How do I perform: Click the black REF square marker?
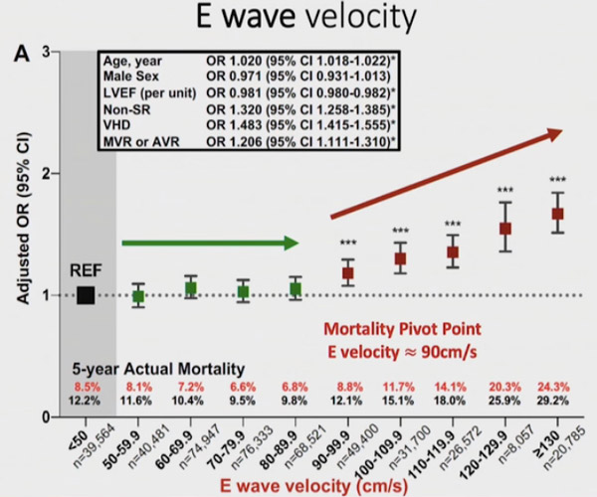point(86,295)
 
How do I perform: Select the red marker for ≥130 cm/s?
point(558,214)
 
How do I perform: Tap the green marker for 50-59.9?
point(138,296)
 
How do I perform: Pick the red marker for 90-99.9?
point(348,272)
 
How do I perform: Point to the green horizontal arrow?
point(210,242)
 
